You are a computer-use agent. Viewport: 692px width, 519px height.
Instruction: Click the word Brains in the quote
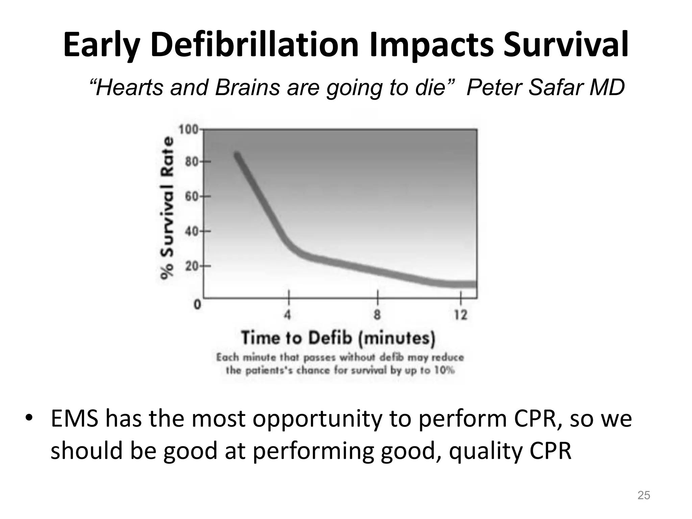click(248, 88)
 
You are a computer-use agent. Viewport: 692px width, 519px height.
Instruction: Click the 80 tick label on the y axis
click(191, 162)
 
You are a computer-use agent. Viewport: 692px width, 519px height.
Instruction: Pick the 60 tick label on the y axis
click(191, 197)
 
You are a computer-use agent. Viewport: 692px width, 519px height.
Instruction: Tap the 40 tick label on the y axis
click(191, 231)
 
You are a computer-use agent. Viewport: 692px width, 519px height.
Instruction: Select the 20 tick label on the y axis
click(191, 266)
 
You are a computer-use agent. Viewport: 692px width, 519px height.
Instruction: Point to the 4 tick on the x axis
click(288, 315)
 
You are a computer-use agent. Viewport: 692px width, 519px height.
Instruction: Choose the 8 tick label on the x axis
click(377, 315)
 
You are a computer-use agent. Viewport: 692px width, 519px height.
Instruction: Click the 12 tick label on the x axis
click(460, 315)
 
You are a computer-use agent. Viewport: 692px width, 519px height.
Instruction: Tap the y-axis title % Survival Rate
click(167, 208)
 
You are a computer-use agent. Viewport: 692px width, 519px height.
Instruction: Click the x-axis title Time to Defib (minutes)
click(338, 338)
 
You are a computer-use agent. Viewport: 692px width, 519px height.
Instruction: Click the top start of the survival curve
click(237, 155)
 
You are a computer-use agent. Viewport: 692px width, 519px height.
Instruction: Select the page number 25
click(643, 495)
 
